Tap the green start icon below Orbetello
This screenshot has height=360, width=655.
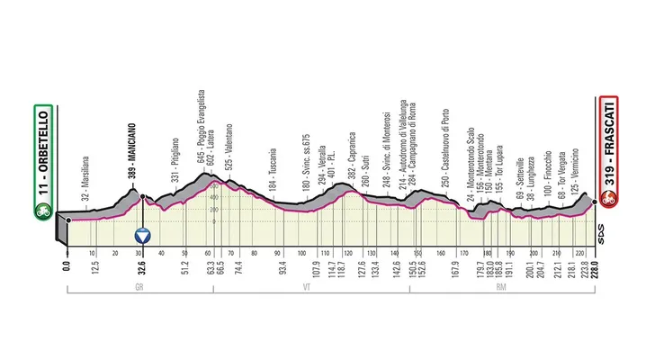coord(40,212)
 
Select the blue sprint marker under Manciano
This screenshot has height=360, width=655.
coord(142,237)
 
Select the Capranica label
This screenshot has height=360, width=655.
coord(351,163)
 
